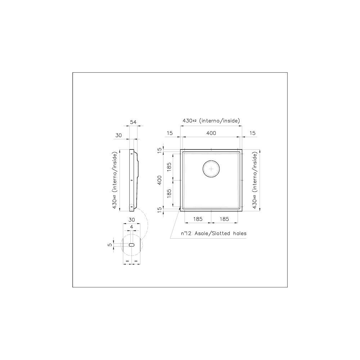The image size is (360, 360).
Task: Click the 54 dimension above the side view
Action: coord(133,122)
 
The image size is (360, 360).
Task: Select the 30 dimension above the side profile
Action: coord(119,135)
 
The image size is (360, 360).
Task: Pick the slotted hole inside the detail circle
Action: coord(132,244)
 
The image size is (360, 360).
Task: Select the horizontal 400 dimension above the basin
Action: coord(211,133)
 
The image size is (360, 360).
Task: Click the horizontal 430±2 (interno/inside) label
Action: coord(211,121)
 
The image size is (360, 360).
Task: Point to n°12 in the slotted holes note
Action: coord(187,234)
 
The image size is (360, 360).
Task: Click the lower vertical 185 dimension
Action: coord(169,194)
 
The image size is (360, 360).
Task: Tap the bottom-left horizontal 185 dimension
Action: coord(198,219)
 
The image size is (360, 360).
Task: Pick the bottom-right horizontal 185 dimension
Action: coord(224,219)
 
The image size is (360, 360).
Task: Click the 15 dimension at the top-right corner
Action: coord(252,133)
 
